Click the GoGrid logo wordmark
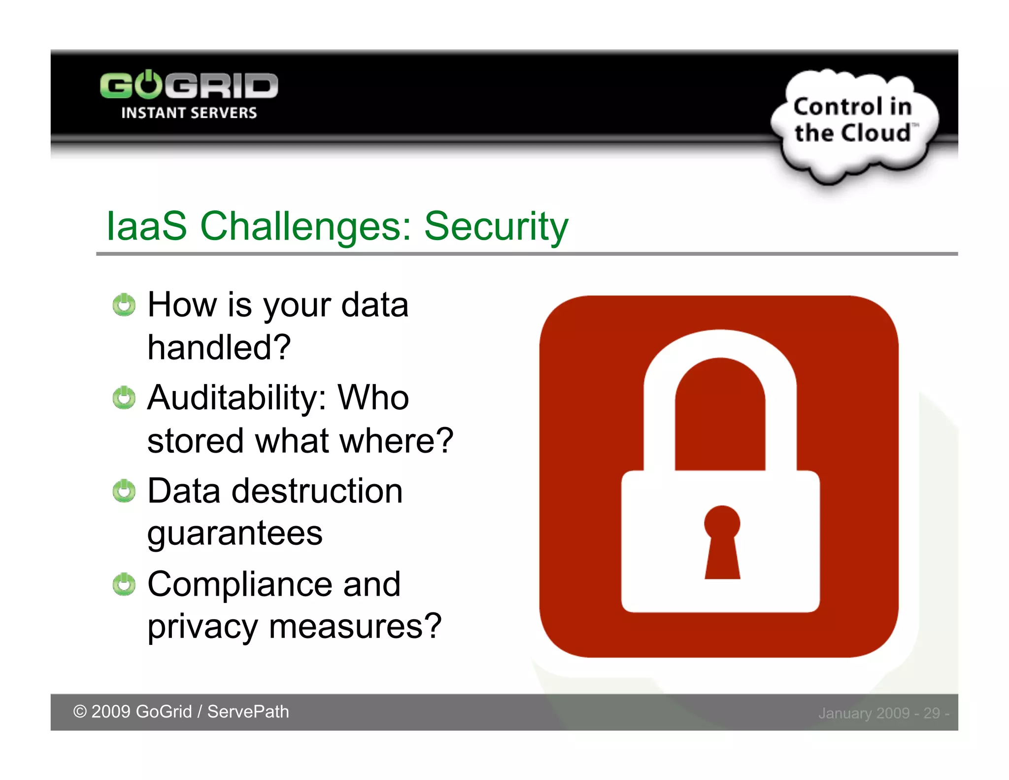tap(189, 86)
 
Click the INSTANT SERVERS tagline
tap(189, 113)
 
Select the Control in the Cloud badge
tap(853, 121)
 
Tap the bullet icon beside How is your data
tap(124, 305)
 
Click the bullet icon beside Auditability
tap(124, 397)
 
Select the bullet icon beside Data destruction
tap(124, 491)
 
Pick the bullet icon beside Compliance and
tap(124, 584)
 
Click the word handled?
tap(219, 347)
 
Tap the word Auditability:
tap(236, 397)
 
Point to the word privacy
tap(202, 627)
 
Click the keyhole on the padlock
tap(722, 542)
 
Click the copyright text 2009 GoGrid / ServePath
tap(181, 711)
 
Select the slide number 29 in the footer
tap(931, 713)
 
